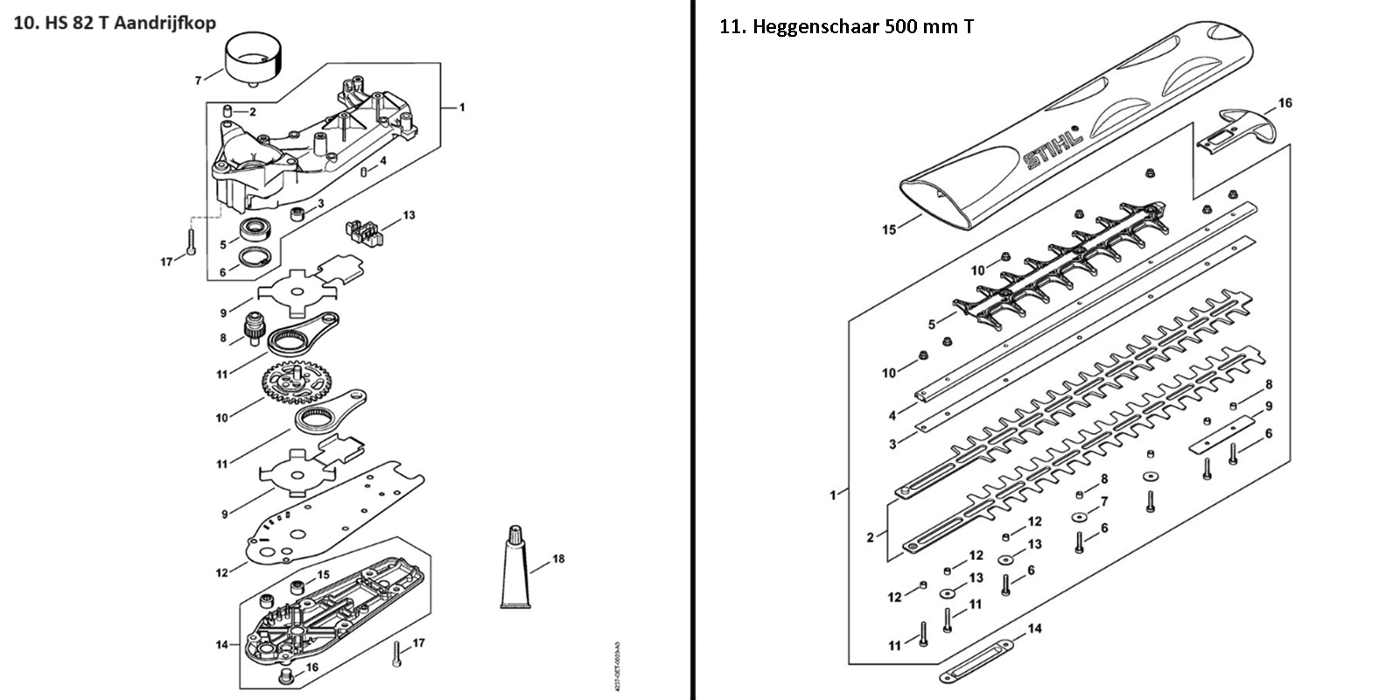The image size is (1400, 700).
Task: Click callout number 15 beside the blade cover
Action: point(889,230)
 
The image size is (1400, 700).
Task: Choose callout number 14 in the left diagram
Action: point(222,645)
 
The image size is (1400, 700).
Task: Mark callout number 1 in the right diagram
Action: point(832,496)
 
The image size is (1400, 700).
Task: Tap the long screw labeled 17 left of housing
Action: point(191,238)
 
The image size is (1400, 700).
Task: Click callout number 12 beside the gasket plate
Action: point(222,572)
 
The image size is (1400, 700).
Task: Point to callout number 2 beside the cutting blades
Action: point(870,537)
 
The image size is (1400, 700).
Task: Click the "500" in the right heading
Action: point(906,26)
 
